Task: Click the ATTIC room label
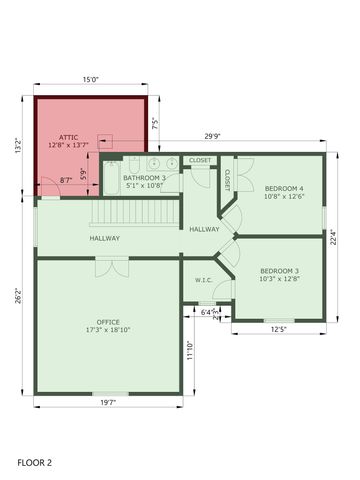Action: point(68,137)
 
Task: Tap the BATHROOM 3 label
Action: point(144,177)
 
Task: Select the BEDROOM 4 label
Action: point(283,190)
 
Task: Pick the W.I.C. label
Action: point(203,280)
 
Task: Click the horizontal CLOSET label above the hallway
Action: point(200,160)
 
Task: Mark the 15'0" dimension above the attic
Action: point(90,80)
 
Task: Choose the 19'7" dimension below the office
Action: point(108,402)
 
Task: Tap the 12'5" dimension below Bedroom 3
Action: point(278,329)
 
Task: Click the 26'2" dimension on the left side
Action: point(20,297)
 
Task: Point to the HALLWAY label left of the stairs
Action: point(104,238)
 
